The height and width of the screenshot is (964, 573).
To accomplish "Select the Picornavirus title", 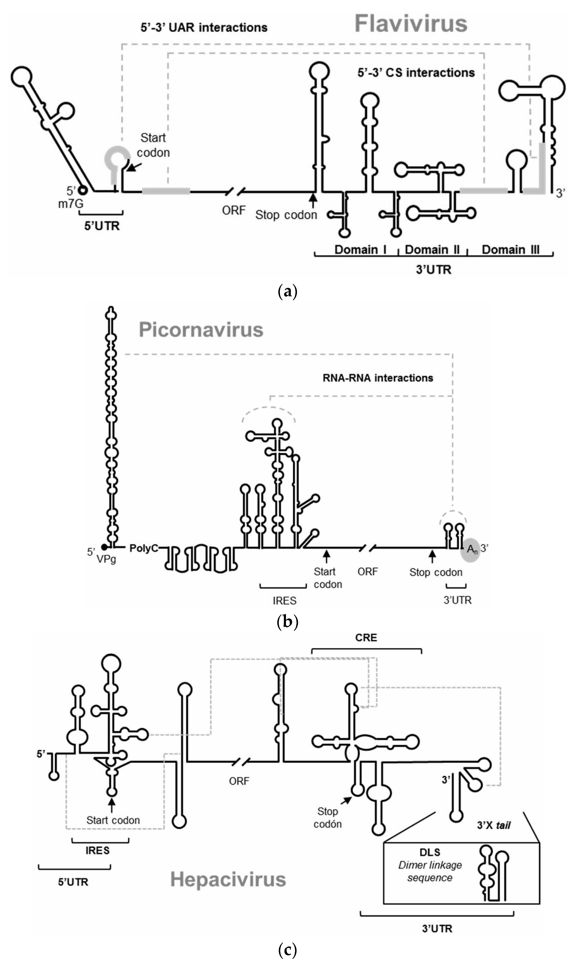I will coord(201,330).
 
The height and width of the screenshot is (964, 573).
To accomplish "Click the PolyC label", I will coord(144,548).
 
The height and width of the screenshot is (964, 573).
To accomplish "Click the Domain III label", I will coord(510,250).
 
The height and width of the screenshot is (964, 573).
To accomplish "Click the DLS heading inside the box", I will coord(430,852).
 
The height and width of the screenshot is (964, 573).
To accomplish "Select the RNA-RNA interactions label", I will coord(378,378).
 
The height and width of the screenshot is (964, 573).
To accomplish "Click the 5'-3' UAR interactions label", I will coord(204,27).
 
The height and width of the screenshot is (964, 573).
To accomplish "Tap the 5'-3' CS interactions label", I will coord(416,73).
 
